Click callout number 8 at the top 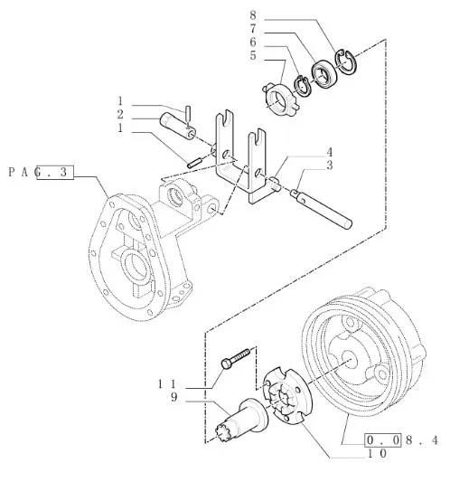click(x=253, y=14)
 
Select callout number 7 click(x=253, y=29)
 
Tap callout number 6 click(x=253, y=43)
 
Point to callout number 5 click(x=253, y=56)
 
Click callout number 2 click(x=120, y=114)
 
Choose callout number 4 click(x=329, y=152)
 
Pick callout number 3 click(x=329, y=165)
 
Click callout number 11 click(x=167, y=384)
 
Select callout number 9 click(x=174, y=398)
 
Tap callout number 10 click(x=377, y=453)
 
